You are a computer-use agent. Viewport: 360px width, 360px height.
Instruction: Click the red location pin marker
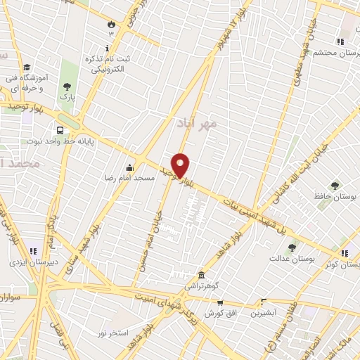[181, 165]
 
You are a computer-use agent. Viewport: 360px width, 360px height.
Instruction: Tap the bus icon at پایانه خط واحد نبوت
[60, 130]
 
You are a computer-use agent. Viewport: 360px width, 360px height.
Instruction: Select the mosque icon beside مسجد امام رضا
[129, 167]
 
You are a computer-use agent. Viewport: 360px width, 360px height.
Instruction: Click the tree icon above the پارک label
[67, 85]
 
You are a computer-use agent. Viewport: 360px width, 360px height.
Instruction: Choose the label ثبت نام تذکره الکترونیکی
[107, 64]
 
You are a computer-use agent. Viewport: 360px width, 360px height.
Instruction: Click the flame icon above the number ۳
[110, 25]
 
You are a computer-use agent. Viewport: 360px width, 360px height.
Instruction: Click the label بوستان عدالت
[290, 258]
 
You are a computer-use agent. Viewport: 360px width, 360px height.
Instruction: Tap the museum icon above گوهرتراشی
[202, 275]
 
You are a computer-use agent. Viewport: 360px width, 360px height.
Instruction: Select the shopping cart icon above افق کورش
[220, 303]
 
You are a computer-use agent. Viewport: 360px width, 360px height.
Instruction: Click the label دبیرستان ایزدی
[28, 262]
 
